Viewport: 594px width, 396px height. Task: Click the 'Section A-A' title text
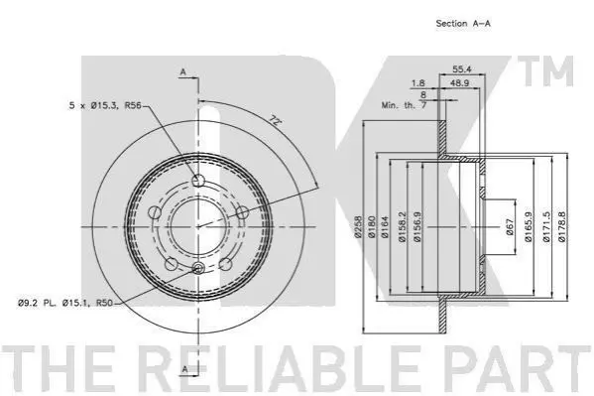pos(463,24)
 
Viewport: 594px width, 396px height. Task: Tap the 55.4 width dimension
pos(462,69)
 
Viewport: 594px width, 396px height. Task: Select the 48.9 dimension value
pos(460,83)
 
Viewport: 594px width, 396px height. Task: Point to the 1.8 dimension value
pos(418,83)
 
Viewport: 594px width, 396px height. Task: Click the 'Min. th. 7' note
pos(404,105)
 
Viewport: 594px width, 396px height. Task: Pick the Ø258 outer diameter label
pos(358,227)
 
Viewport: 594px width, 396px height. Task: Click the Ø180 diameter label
pos(371,227)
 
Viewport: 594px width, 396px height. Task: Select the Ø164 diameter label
pos(385,227)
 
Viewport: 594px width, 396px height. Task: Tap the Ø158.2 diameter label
pos(403,227)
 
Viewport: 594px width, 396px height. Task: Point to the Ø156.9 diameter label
pos(417,227)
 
